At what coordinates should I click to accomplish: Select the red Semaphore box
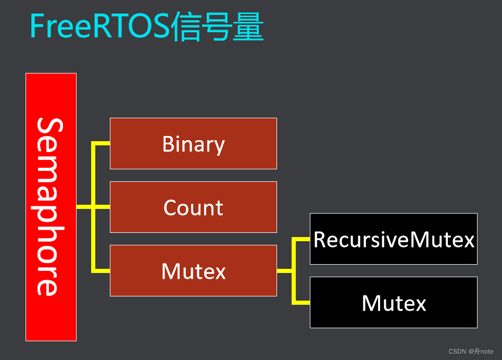pos(51,207)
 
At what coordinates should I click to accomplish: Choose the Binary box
pos(193,143)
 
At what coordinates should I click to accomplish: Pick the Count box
pos(193,207)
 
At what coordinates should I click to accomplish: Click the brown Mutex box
pos(193,270)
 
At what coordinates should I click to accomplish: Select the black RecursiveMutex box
pos(394,239)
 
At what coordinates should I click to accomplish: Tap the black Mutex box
pos(394,302)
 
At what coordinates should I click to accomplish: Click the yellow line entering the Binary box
pos(102,143)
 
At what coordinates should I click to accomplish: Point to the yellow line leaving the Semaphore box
pos(84,207)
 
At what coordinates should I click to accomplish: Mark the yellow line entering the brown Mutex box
pos(102,271)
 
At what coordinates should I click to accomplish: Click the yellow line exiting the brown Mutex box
pos(284,271)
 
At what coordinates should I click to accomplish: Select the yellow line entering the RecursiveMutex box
pos(302,239)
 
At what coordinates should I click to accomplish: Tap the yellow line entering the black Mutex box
pos(302,302)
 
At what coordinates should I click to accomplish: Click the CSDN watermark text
pos(457,352)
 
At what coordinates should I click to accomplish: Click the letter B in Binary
pos(168,144)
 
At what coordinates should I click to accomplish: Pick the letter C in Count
pos(170,208)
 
